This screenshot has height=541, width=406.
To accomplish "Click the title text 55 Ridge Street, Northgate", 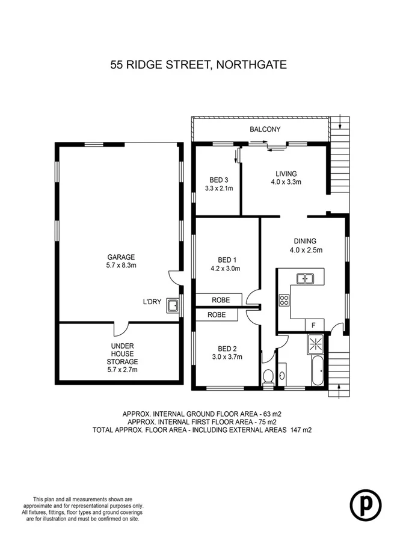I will (x=198, y=64).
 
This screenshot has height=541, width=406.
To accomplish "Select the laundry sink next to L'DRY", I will (x=173, y=307).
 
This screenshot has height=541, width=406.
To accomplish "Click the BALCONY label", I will (x=265, y=129).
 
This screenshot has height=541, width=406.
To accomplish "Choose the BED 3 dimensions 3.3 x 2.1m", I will (x=218, y=188).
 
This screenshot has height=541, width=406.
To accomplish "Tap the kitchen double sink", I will (x=306, y=278).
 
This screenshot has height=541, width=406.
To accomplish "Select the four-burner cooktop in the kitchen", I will (x=284, y=300).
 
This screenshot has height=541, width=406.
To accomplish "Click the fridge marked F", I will (x=313, y=325).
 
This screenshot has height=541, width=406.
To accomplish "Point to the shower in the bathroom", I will (x=315, y=345).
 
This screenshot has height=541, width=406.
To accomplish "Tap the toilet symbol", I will (x=269, y=377).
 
